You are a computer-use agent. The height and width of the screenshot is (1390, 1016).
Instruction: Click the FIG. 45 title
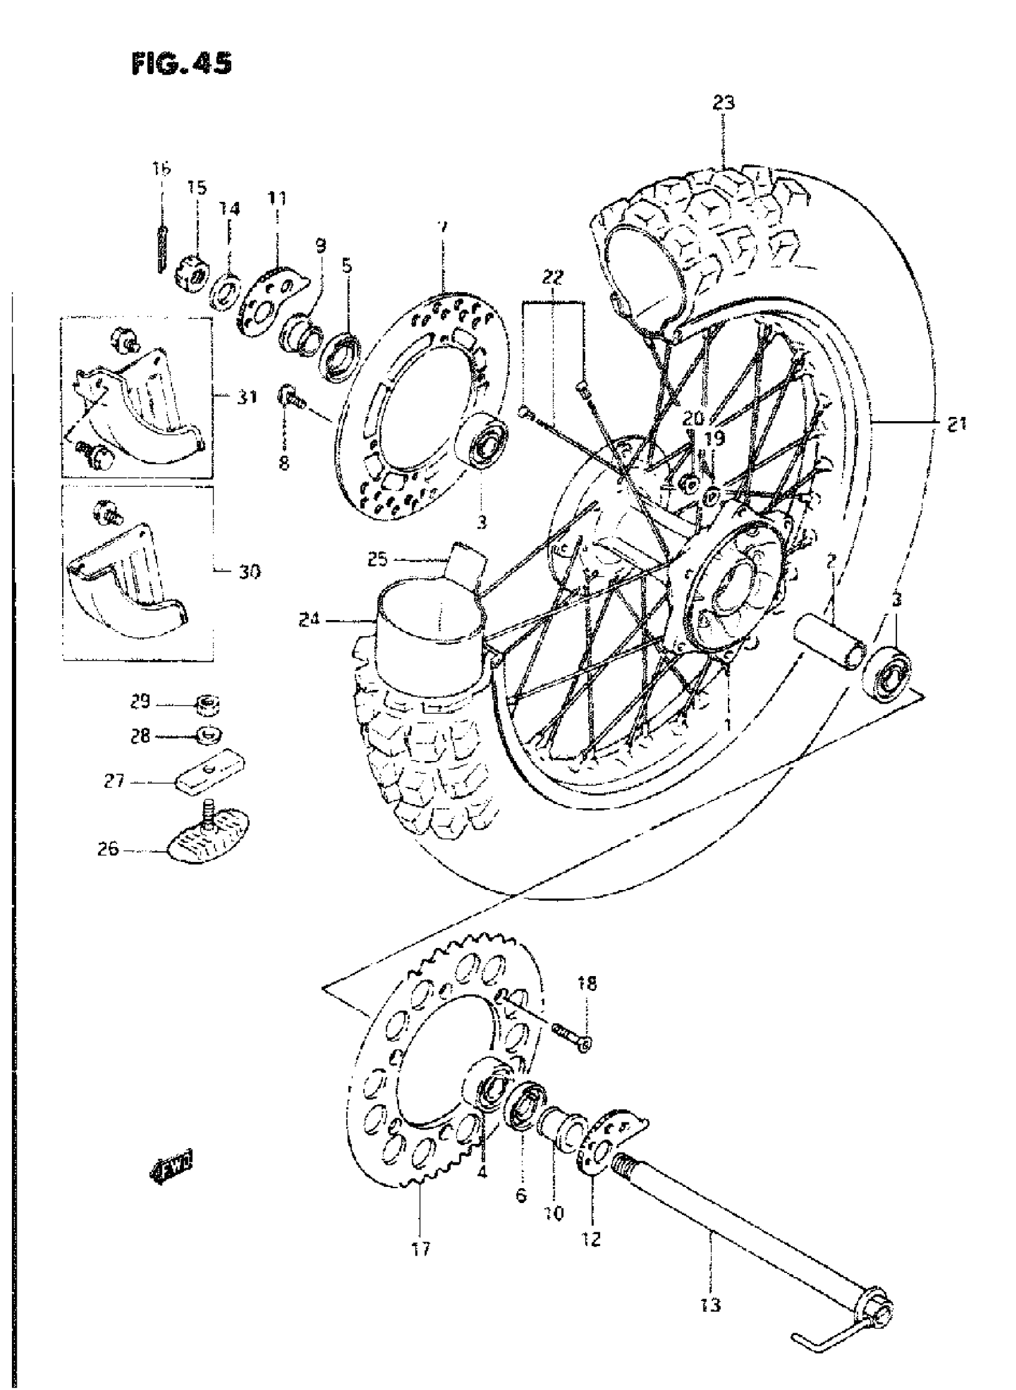[182, 63]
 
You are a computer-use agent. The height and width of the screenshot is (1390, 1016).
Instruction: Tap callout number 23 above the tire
[723, 102]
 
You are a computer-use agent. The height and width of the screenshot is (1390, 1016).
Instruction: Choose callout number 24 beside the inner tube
[309, 620]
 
